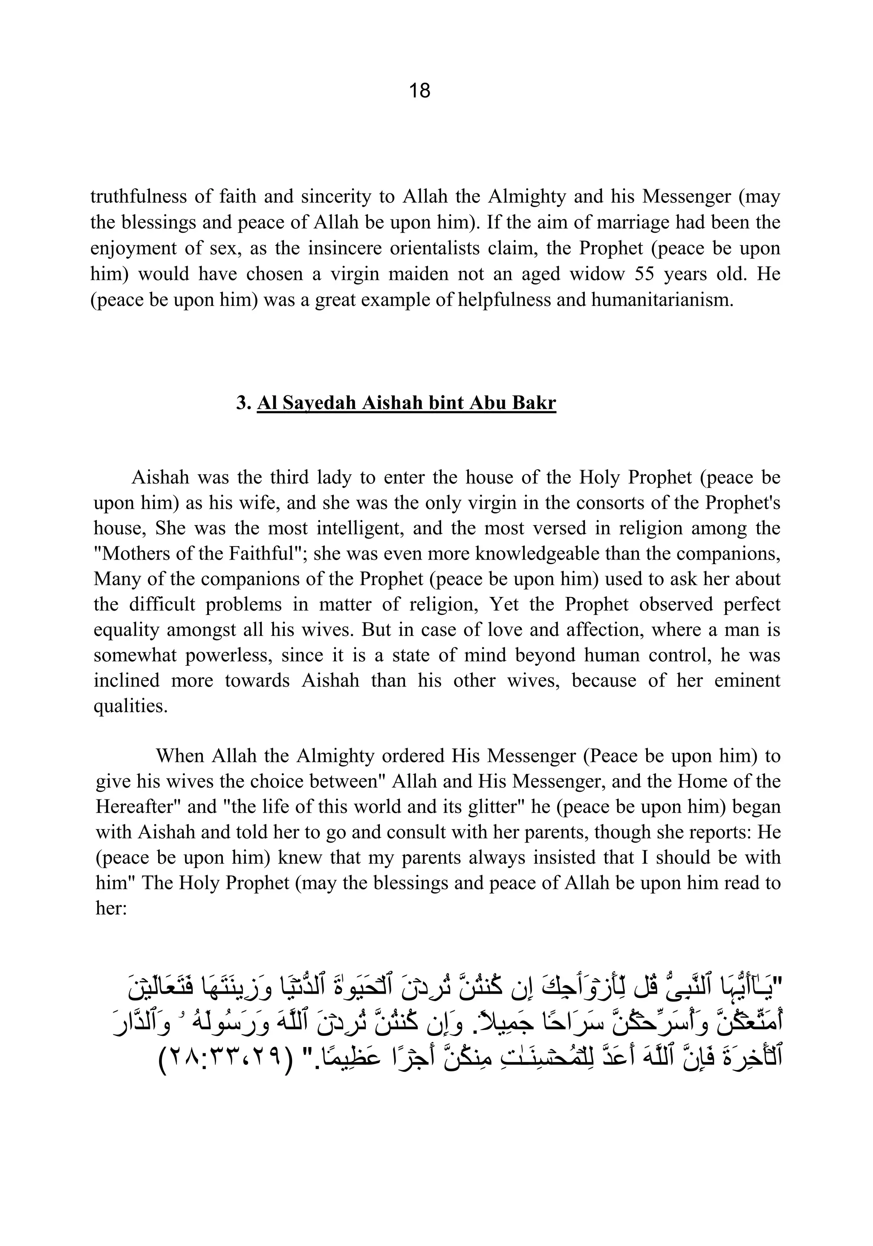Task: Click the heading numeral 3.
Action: pyautogui.click(x=242, y=403)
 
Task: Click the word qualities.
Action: pyautogui.click(x=130, y=706)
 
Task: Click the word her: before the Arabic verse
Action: pyautogui.click(x=110, y=908)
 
